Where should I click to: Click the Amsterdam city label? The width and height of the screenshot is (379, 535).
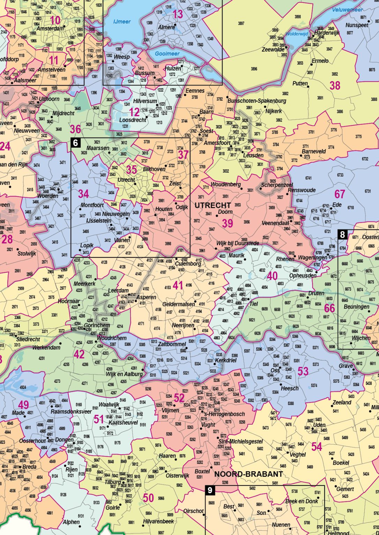tap(50, 29)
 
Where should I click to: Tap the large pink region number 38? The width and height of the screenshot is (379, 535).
tap(335, 85)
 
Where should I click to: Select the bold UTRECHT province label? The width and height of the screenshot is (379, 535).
tap(213, 205)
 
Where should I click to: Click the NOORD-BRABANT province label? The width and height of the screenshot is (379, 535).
tap(248, 474)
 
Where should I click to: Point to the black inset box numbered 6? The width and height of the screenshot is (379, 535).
tap(75, 142)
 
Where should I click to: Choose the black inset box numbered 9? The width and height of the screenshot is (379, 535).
tap(209, 490)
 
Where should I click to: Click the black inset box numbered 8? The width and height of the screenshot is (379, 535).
tap(342, 234)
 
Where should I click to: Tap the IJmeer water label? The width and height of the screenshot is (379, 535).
tap(122, 22)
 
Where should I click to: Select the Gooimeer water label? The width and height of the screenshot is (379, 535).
tap(167, 54)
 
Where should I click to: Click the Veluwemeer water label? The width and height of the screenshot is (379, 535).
tap(348, 10)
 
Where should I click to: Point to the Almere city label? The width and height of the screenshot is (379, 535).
tap(166, 27)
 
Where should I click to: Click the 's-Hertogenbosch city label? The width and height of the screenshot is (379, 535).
tap(224, 414)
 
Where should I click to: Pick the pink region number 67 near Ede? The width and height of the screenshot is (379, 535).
tap(339, 194)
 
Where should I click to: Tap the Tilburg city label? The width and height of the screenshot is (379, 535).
tap(113, 482)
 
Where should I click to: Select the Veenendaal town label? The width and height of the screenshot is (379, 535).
tap(275, 223)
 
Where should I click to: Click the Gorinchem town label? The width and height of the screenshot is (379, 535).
tap(97, 325)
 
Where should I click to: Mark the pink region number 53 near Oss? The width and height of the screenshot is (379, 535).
tap(303, 371)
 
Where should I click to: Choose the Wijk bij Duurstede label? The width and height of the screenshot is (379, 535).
tap(237, 243)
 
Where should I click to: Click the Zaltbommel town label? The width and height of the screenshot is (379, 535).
tap(172, 344)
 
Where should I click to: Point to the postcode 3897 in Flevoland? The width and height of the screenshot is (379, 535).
tap(241, 23)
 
